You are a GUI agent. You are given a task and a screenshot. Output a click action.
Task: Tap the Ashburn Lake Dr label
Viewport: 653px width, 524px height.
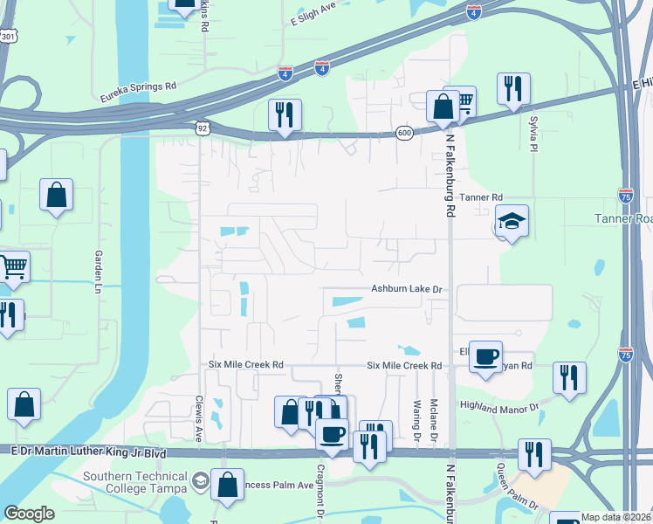coord(408,288)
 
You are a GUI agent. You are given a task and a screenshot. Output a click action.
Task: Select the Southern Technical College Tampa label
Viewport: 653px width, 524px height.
coord(135,482)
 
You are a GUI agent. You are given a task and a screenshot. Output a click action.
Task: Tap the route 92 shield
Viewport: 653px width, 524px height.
coord(202,128)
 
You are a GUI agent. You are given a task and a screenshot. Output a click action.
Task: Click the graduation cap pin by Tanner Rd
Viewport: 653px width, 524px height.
coord(512,222)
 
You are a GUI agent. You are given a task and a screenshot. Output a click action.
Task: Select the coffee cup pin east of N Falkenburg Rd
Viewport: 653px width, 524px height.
coord(485,356)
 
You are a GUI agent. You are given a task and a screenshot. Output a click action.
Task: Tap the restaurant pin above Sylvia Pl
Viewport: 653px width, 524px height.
coord(512,88)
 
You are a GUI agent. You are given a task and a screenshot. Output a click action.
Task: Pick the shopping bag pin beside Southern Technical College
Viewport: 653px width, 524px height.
coord(227,485)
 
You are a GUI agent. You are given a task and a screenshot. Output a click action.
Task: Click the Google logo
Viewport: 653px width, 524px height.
coord(29,514)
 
